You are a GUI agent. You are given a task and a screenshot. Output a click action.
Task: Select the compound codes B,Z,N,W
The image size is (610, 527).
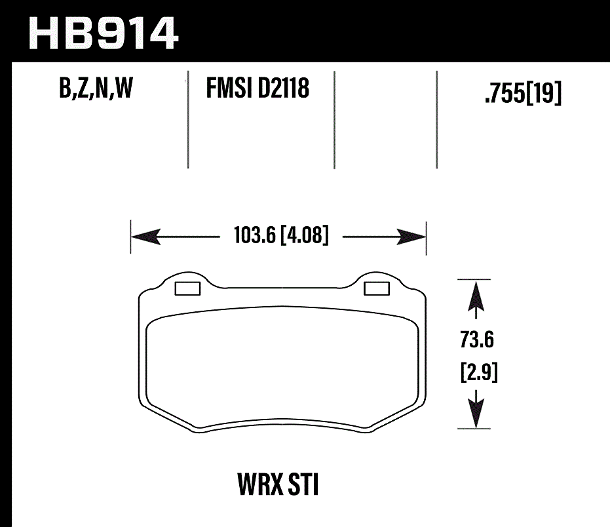click(96, 88)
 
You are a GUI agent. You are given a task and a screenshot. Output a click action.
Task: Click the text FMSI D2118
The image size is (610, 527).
click(257, 88)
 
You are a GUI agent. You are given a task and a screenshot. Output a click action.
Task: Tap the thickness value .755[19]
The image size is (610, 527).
click(522, 95)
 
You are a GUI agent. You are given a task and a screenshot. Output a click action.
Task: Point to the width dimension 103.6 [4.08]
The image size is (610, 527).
click(280, 235)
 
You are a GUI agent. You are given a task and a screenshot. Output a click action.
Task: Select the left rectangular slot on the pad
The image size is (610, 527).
click(189, 288)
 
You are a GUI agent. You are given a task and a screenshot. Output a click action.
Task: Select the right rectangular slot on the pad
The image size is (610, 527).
click(376, 288)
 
